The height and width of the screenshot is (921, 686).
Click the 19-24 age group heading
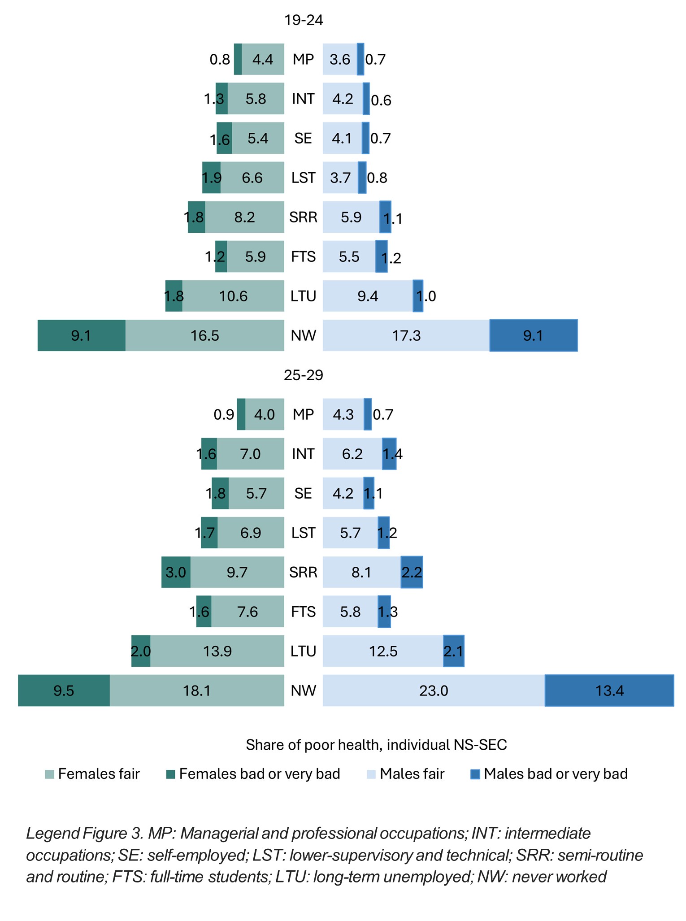point(304,20)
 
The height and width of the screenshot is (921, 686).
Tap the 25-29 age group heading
point(304,375)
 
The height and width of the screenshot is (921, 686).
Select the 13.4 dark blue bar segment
point(609,691)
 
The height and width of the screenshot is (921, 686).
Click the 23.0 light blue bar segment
point(434,691)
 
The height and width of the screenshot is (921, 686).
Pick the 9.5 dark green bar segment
point(64,691)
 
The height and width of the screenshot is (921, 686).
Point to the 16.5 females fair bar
point(205,335)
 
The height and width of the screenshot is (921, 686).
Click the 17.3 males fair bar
point(406,335)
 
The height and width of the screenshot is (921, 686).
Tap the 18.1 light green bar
point(197,691)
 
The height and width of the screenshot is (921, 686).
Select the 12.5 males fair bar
point(383,651)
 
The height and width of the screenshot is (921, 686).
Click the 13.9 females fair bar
point(217,651)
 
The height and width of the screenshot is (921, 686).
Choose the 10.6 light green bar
point(233,296)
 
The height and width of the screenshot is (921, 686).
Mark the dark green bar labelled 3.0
point(176,572)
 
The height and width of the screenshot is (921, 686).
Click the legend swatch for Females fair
point(49,774)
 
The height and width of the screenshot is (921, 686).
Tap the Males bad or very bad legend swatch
point(475,774)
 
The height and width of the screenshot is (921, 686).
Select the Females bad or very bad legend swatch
point(170,774)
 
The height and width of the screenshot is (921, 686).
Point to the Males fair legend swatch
point(371,774)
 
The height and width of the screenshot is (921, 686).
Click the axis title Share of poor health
point(376,745)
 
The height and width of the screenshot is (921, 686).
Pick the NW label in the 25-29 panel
point(304,691)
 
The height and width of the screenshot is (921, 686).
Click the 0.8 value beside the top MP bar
point(220,59)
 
